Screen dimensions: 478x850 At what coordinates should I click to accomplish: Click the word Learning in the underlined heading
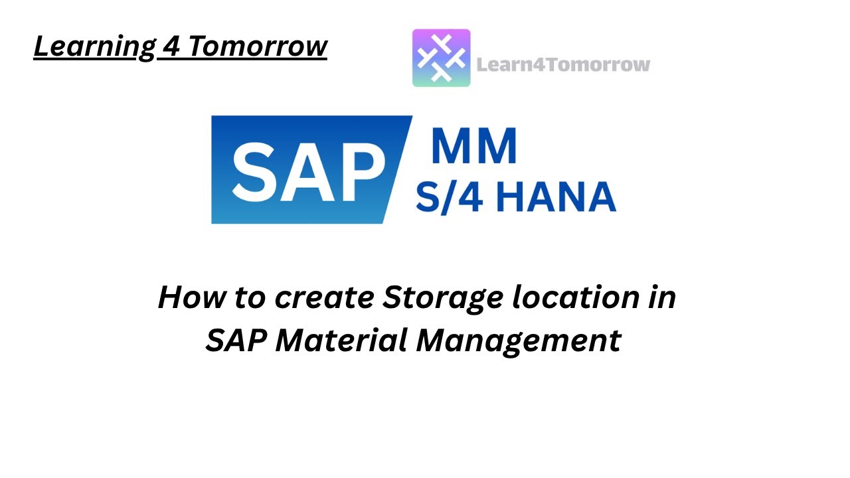tap(92, 46)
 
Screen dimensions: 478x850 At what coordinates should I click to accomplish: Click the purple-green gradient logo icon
tap(441, 58)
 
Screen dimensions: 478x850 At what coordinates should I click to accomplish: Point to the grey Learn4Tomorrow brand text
tap(563, 64)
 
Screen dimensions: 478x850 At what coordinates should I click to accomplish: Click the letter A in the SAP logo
tap(307, 170)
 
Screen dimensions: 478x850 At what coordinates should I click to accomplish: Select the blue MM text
tap(473, 146)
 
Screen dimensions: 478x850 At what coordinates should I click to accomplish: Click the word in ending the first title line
tap(662, 297)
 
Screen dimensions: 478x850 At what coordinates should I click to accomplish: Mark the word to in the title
tap(248, 297)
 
